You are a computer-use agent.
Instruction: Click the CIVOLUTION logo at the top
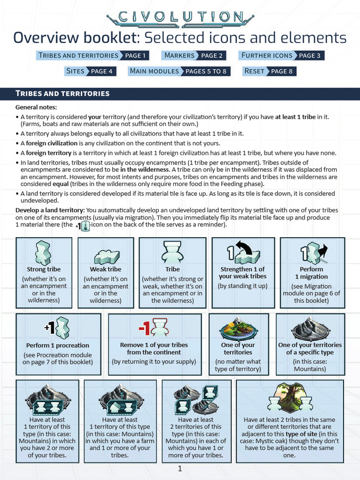[180, 17]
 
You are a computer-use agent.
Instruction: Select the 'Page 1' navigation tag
[136, 55]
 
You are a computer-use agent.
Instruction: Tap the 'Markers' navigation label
[179, 55]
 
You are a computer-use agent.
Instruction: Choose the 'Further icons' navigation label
[266, 55]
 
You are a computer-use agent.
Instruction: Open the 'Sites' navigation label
[75, 71]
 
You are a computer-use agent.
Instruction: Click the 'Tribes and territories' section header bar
[180, 93]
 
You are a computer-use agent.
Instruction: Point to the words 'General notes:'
[36, 107]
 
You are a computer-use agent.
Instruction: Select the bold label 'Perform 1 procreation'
[58, 345]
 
